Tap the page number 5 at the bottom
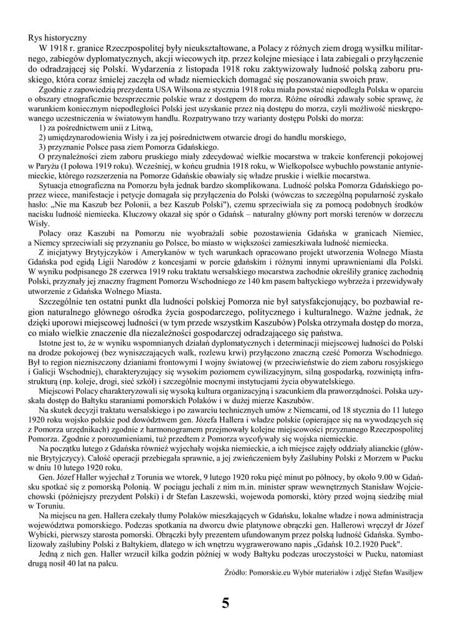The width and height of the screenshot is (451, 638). (225, 603)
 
